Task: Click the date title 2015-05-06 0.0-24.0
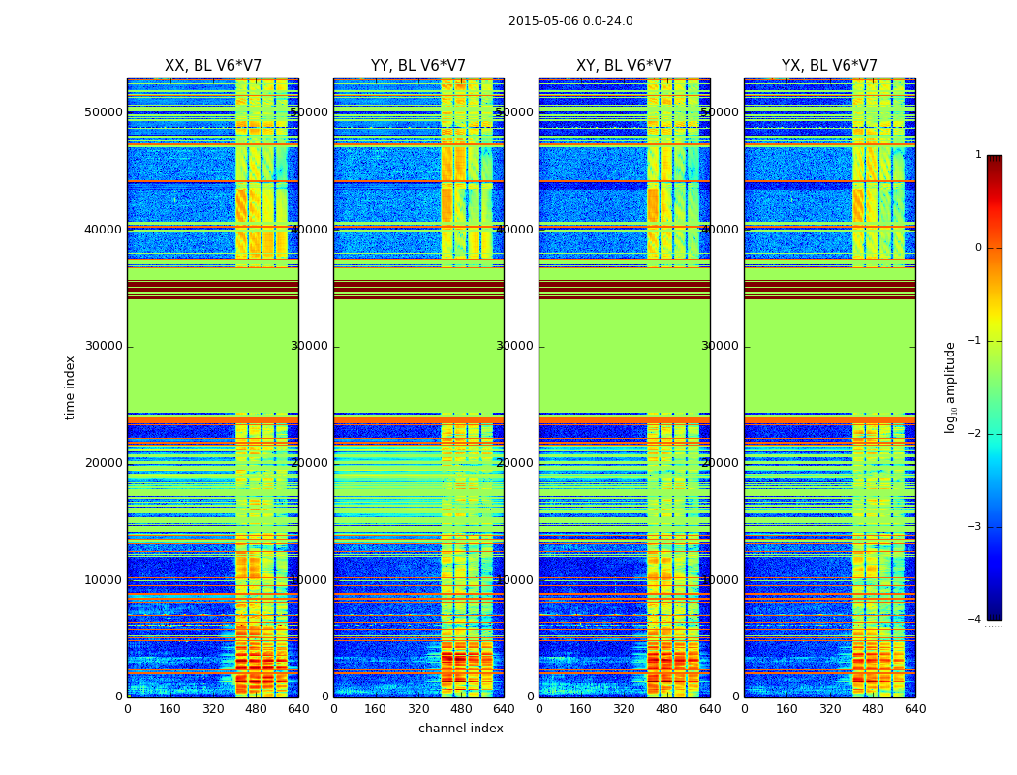pyautogui.click(x=570, y=21)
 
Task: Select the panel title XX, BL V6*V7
pyautogui.click(x=213, y=66)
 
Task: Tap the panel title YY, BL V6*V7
pyautogui.click(x=418, y=66)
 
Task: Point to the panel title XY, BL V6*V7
pyautogui.click(x=624, y=66)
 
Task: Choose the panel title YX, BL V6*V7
pyautogui.click(x=829, y=66)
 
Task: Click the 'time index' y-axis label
pyautogui.click(x=70, y=387)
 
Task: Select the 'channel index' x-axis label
pyautogui.click(x=461, y=728)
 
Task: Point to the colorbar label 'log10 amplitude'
pyautogui.click(x=951, y=387)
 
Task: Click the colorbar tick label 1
pyautogui.click(x=978, y=155)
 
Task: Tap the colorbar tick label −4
pyautogui.click(x=975, y=620)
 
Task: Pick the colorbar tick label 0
pyautogui.click(x=978, y=248)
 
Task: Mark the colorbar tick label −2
pyautogui.click(x=975, y=434)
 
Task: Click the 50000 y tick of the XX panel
pyautogui.click(x=104, y=112)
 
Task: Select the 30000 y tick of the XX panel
pyautogui.click(x=104, y=346)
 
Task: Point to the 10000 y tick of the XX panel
pyautogui.click(x=104, y=580)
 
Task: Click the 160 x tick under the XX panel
pyautogui.click(x=170, y=708)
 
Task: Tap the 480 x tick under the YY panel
pyautogui.click(x=461, y=708)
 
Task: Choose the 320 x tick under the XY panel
pyautogui.click(x=624, y=708)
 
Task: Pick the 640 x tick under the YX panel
pyautogui.click(x=915, y=708)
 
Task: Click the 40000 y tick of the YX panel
pyautogui.click(x=720, y=230)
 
